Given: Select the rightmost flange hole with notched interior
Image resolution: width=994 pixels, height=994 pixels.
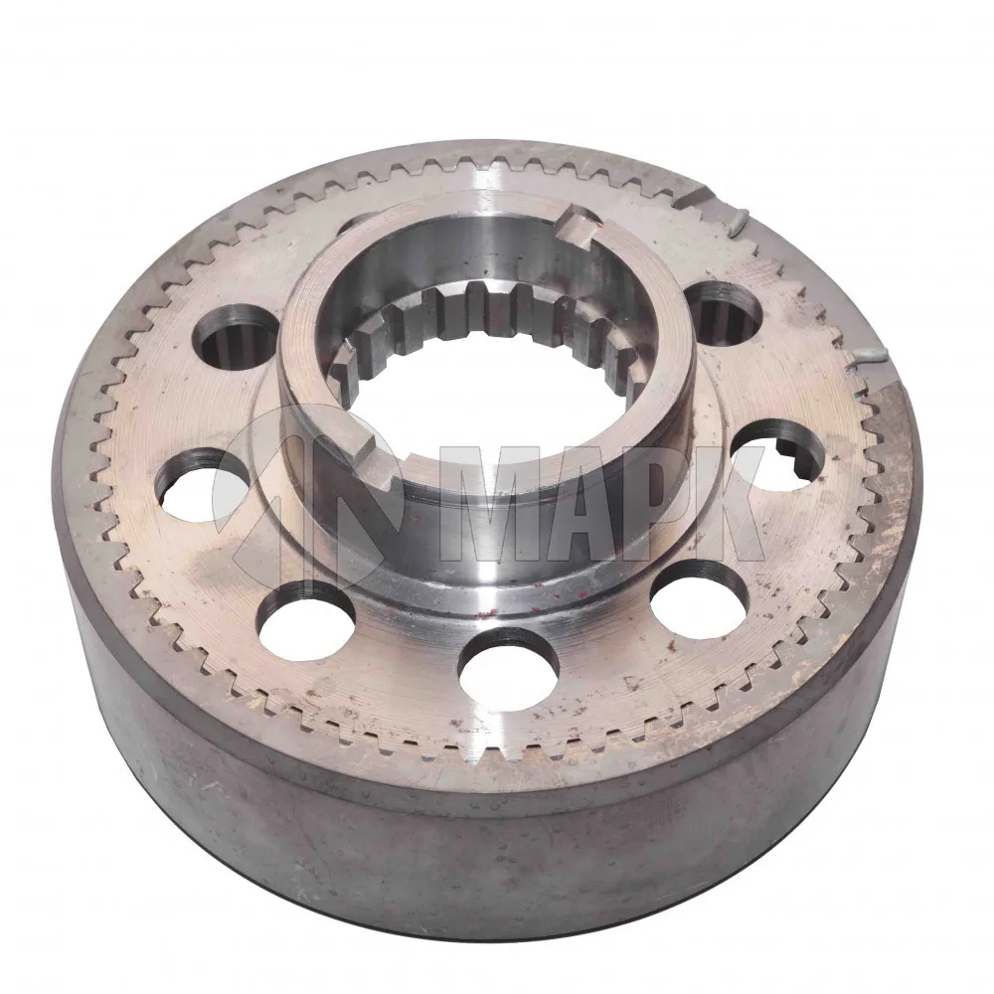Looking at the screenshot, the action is (x=777, y=454).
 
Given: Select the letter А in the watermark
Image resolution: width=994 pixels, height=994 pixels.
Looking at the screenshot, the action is (x=587, y=503).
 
